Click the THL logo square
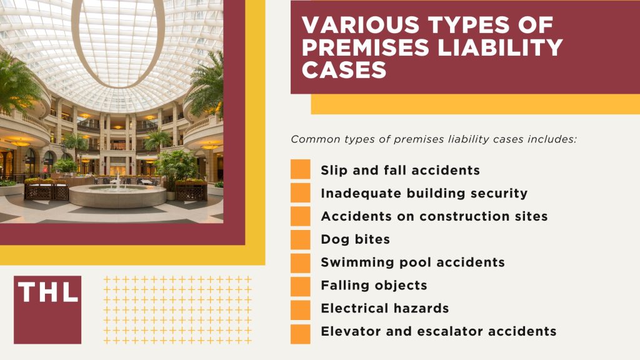tap(47, 309)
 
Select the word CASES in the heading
tap(343, 69)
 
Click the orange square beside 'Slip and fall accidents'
tap(301, 170)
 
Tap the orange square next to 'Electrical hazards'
tap(301, 309)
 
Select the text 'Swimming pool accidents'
tap(412, 262)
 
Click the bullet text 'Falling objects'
tap(374, 286)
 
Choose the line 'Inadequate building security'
tap(424, 193)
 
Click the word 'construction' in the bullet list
tap(457, 216)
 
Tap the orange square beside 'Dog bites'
tap(301, 239)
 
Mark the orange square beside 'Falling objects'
tap(301, 286)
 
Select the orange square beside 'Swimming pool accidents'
tap(301, 262)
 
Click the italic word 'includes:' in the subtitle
tap(552, 139)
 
